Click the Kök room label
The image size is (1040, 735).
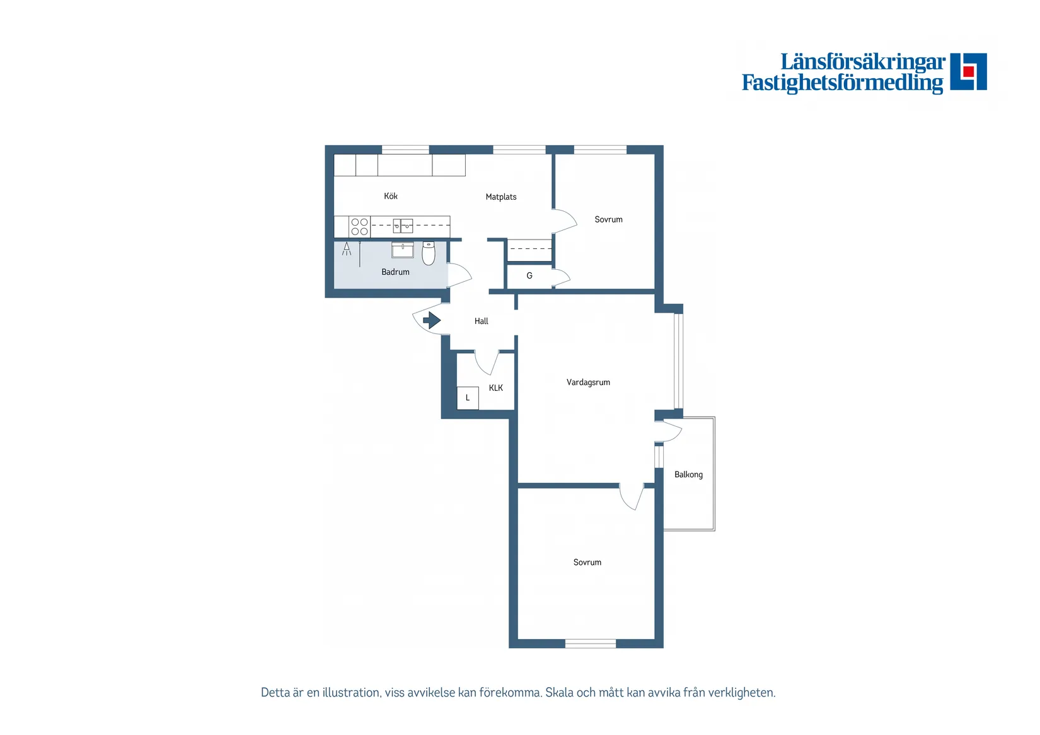tap(390, 196)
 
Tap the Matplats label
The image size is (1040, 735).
tap(501, 197)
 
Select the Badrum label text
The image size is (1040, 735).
tap(395, 272)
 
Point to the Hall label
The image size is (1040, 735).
tap(481, 321)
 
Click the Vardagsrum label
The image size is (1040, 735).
tap(588, 382)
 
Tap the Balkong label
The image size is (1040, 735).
tap(688, 475)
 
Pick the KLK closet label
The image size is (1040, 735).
tap(495, 388)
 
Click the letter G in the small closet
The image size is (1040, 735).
tap(529, 276)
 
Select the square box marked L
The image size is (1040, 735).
tap(468, 398)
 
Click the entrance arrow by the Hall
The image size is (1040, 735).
tap(432, 320)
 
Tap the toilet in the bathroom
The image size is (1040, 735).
tap(428, 253)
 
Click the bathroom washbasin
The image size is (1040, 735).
tap(403, 250)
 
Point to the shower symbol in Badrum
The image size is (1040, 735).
tap(347, 249)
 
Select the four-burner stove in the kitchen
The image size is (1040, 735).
tap(359, 227)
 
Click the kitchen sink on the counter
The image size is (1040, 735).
tap(403, 226)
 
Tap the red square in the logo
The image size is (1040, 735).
tap(968, 71)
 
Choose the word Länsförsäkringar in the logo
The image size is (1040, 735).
tap(863, 62)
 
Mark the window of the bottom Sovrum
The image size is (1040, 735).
tap(590, 644)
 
